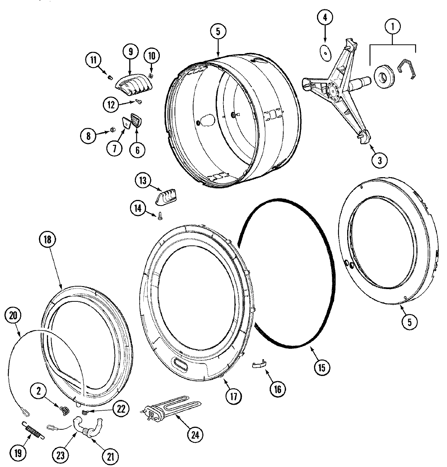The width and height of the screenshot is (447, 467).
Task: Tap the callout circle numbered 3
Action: pyautogui.click(x=379, y=161)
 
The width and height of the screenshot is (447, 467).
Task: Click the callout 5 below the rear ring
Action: pyautogui.click(x=409, y=322)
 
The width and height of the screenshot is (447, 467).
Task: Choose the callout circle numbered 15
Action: pyautogui.click(x=321, y=367)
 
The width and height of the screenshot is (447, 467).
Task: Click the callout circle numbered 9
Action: pyautogui.click(x=131, y=51)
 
